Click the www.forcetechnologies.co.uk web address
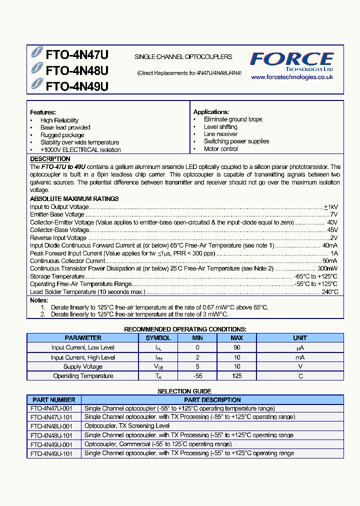(291, 77)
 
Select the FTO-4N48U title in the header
(77, 70)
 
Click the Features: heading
(43, 112)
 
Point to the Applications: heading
(211, 112)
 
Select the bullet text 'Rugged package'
(62, 135)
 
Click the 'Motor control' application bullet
(220, 149)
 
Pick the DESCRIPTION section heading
(50, 159)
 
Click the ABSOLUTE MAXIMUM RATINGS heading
(74, 198)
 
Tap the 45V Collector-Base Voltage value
(332, 230)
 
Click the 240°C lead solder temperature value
(329, 292)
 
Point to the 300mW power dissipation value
(327, 268)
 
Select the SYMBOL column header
(158, 338)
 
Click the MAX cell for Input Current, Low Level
(236, 347)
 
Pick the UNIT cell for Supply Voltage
(300, 366)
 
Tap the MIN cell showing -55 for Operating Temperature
(197, 376)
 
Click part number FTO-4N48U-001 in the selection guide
(51, 426)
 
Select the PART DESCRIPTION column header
(212, 400)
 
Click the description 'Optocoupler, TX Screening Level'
(127, 426)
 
